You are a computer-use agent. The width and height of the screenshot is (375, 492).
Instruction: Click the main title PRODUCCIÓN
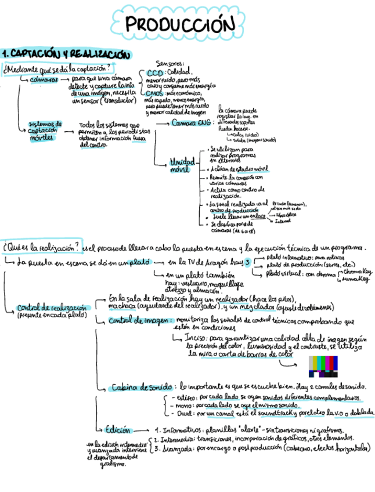tap(180, 25)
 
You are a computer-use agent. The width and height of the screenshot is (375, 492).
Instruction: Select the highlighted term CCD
tap(156, 73)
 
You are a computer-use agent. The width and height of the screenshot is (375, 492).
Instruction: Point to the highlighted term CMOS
tap(154, 93)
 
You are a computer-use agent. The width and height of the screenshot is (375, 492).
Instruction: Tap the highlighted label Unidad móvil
tap(182, 165)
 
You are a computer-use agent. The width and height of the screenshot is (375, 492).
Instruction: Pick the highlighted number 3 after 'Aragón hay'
tap(247, 262)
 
